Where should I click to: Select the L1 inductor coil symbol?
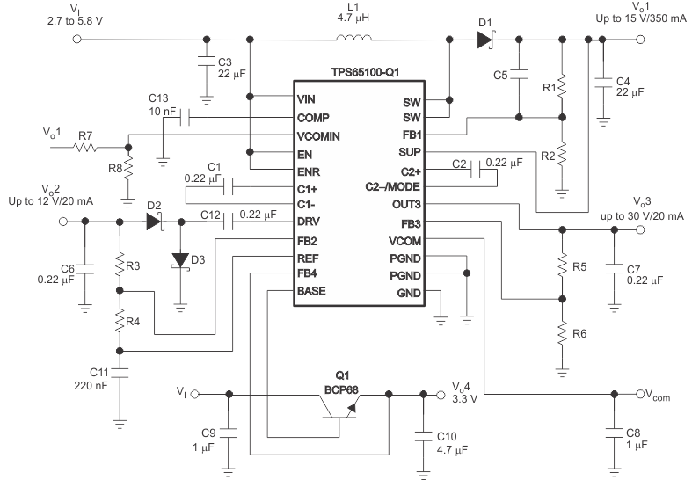[353, 39]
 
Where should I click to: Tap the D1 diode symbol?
[484, 39]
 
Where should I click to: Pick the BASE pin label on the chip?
[313, 291]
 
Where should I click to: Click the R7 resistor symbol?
[85, 148]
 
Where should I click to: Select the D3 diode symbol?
[180, 259]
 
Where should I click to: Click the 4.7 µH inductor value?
[353, 16]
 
